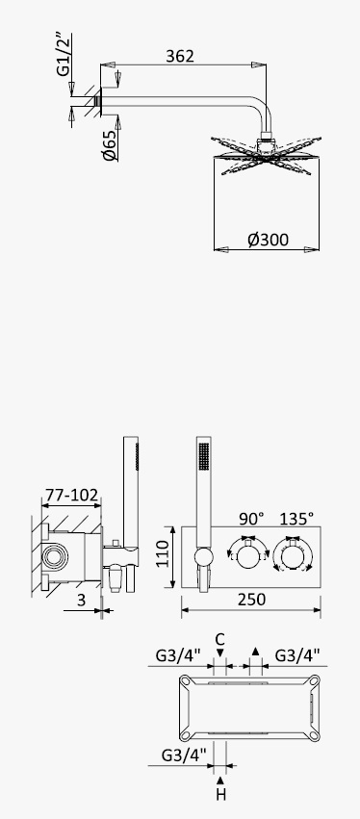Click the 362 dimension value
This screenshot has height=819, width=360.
click(180, 56)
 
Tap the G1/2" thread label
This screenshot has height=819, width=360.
click(64, 55)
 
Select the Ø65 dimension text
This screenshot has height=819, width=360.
click(109, 145)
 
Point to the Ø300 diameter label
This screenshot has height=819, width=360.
click(268, 240)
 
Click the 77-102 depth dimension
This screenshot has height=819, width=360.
click(71, 495)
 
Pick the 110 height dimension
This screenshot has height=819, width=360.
click(163, 553)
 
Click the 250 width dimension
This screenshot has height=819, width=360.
click(251, 600)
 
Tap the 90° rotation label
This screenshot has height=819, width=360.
click(251, 519)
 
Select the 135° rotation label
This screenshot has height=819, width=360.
click(296, 519)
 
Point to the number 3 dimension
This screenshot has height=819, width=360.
click(81, 601)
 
